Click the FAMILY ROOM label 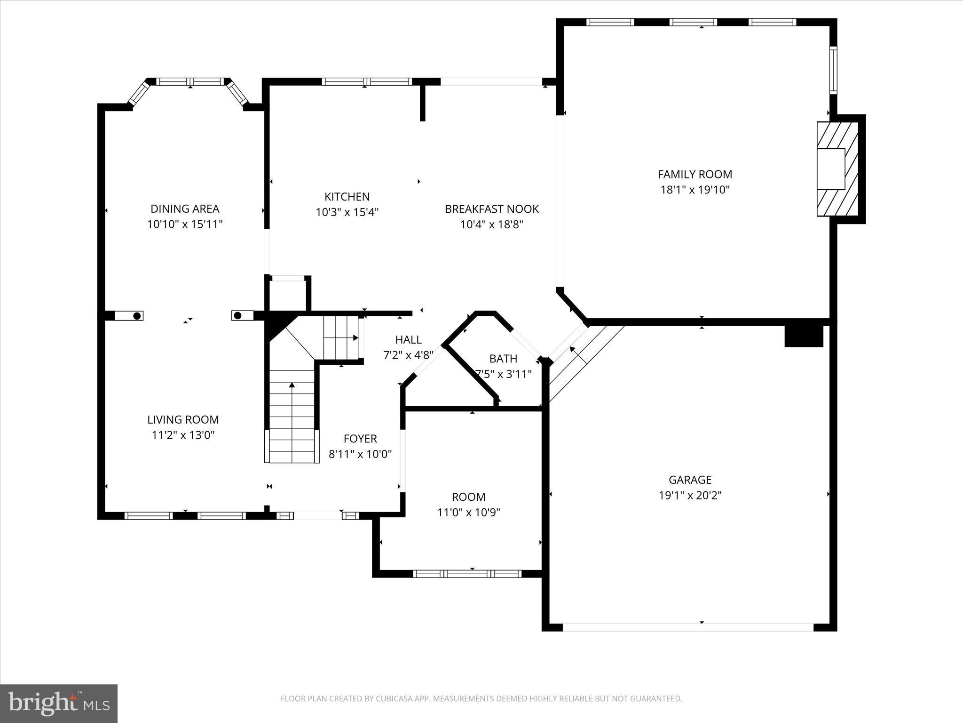[x=695, y=174]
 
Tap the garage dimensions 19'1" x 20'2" [x=690, y=495]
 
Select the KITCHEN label [x=347, y=196]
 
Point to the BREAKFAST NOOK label [x=491, y=209]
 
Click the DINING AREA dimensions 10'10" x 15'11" [x=184, y=224]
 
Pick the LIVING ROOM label [x=183, y=419]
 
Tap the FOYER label [x=360, y=439]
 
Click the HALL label [x=408, y=339]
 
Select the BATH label [x=503, y=359]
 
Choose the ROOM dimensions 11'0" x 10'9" [x=468, y=512]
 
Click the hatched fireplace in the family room [x=837, y=169]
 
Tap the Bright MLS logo [x=59, y=703]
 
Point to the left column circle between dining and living [x=137, y=316]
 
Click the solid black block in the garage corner [x=804, y=336]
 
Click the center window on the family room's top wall [x=693, y=22]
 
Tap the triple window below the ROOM [x=467, y=573]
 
